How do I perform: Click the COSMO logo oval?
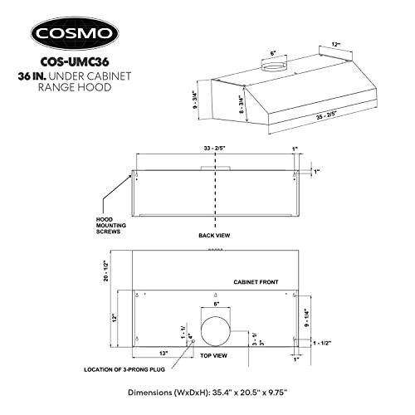(x=75, y=33)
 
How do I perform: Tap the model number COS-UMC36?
(x=75, y=62)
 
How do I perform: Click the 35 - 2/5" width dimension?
(x=328, y=115)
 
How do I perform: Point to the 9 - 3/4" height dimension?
(x=196, y=100)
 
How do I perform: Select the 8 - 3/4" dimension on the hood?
(x=242, y=105)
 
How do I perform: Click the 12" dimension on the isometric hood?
(x=335, y=44)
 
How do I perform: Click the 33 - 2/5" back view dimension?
(x=215, y=149)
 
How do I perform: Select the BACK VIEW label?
(x=214, y=236)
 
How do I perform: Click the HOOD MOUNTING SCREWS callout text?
(x=111, y=226)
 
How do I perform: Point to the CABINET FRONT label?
(x=256, y=282)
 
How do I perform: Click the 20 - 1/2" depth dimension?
(x=106, y=271)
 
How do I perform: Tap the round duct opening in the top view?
(x=216, y=331)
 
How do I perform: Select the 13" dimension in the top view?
(x=164, y=354)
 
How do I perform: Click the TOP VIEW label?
(x=214, y=355)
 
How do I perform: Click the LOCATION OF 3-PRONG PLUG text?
(x=124, y=369)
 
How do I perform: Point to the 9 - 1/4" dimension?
(x=307, y=318)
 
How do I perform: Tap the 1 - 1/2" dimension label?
(x=322, y=344)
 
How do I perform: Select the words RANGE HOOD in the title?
(x=75, y=87)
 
